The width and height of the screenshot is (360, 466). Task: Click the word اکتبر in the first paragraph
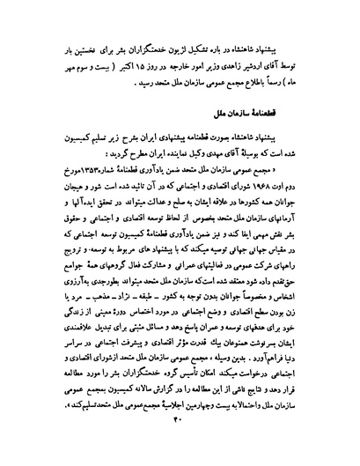point(122,67)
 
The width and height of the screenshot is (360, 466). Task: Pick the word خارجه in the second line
point(166,67)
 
